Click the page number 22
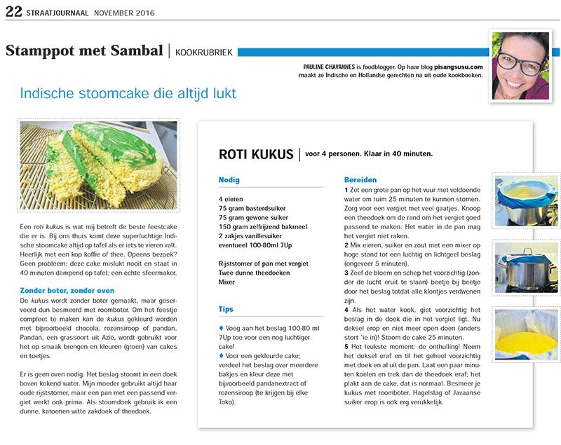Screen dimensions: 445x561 coord(13,11)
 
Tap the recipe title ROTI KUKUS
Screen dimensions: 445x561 coord(256,154)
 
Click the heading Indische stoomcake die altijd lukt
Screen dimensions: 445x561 coord(128,93)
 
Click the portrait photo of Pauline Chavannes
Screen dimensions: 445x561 coord(520,64)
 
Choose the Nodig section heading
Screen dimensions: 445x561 coord(230,180)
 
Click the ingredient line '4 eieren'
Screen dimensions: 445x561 coord(232,199)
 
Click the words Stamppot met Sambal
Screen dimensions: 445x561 coord(84,51)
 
